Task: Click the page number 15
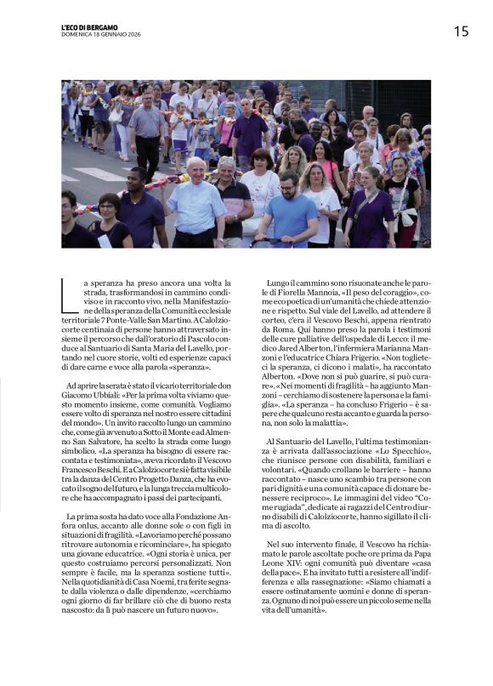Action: [x=460, y=31]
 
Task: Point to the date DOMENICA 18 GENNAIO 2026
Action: [x=100, y=34]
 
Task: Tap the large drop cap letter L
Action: [x=70, y=296]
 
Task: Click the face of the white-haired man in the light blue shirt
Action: [x=196, y=169]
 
